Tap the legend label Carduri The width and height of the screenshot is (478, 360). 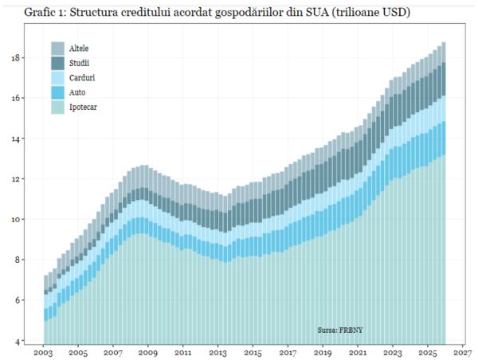[x=83, y=78]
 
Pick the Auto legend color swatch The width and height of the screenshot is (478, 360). [x=57, y=92]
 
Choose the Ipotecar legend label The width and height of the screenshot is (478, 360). [x=84, y=107]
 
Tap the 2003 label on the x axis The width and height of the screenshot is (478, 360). [x=43, y=351]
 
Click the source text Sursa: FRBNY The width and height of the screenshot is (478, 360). [x=340, y=328]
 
